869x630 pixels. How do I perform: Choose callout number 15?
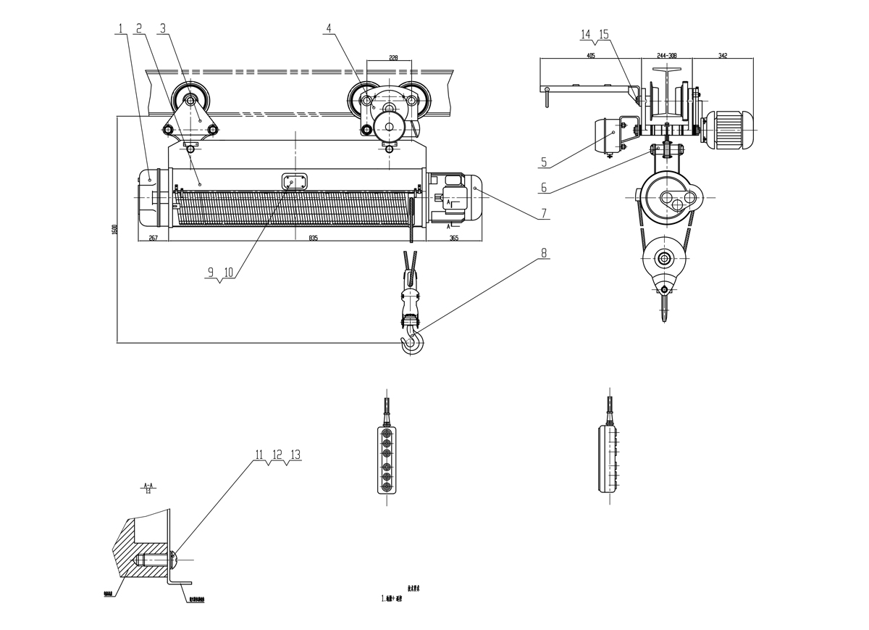point(605,33)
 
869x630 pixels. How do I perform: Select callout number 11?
point(259,455)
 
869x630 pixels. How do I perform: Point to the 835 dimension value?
point(313,237)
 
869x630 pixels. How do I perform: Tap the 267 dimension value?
point(154,237)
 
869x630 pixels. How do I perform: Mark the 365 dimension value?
point(453,237)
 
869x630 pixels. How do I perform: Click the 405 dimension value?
point(591,55)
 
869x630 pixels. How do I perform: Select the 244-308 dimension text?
point(666,55)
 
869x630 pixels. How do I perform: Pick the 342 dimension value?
point(723,55)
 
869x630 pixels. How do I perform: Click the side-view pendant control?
point(610,460)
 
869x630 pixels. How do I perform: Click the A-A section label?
point(148,484)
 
